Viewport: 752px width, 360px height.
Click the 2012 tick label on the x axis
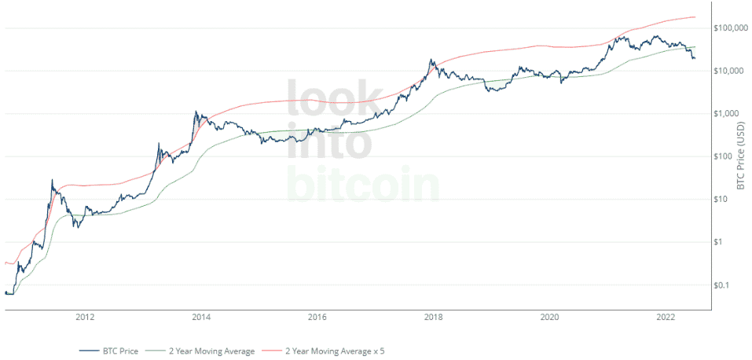[x=85, y=318]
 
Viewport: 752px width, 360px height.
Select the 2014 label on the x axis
[x=201, y=318]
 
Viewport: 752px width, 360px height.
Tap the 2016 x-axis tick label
[x=317, y=318]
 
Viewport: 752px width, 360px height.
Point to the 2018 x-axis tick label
[x=433, y=318]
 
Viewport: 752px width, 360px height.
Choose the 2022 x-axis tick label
[x=666, y=318]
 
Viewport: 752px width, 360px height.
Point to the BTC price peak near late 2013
[x=196, y=112]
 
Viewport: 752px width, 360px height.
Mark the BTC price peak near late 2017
[x=431, y=60]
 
